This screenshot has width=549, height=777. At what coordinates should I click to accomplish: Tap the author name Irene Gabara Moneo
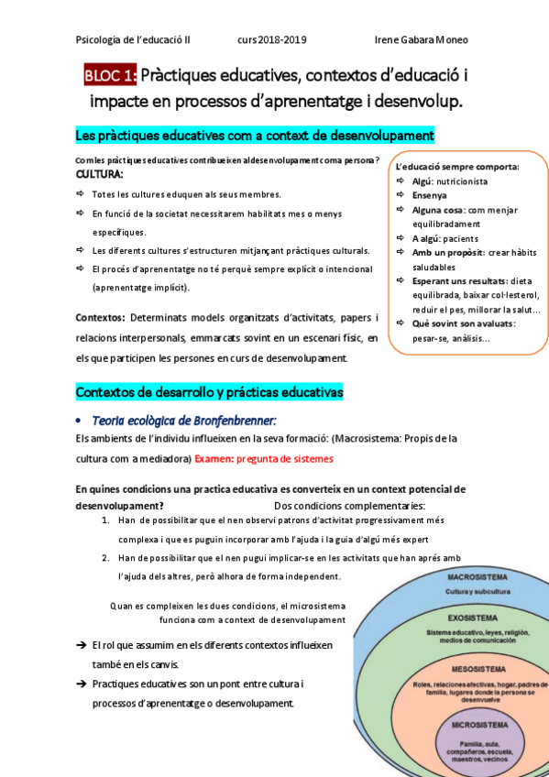click(422, 40)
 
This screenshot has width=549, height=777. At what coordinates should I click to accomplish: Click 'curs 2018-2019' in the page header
click(271, 40)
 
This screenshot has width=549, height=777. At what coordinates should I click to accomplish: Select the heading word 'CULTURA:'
click(99, 174)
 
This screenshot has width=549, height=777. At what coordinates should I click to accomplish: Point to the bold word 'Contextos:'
click(100, 318)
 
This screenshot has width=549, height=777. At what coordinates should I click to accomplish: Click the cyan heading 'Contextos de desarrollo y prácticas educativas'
click(209, 392)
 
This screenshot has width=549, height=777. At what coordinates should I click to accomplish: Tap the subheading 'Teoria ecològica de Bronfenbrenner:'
click(183, 421)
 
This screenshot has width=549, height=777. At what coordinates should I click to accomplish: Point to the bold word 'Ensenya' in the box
click(430, 195)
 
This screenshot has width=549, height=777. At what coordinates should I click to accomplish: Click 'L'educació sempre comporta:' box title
click(457, 167)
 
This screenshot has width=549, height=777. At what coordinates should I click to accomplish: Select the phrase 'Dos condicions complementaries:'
click(349, 505)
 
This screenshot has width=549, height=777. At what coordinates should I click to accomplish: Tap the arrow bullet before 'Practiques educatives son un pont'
click(82, 684)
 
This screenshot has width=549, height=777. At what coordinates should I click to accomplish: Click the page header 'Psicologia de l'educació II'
click(133, 40)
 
